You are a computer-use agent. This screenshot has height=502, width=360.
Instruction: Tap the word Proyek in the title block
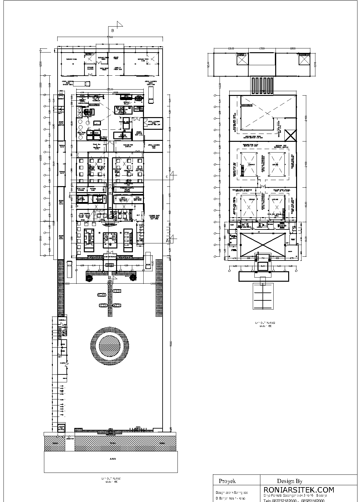227,481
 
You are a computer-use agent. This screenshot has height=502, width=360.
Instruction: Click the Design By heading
290,481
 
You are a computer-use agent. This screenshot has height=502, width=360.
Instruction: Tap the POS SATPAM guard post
61,429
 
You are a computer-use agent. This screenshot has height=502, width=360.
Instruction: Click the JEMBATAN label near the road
70,438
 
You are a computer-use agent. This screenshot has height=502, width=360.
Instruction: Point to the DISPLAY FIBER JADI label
118,69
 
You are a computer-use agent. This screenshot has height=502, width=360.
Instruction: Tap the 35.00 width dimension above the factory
110,90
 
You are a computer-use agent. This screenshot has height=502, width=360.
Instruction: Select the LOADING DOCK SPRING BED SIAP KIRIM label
154,218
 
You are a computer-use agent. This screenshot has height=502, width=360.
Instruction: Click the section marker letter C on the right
167,177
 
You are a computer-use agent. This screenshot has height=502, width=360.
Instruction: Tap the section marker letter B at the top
112,31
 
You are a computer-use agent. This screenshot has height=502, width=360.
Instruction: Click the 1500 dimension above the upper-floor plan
262,49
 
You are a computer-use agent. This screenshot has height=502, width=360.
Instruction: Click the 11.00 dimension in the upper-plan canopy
262,267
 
